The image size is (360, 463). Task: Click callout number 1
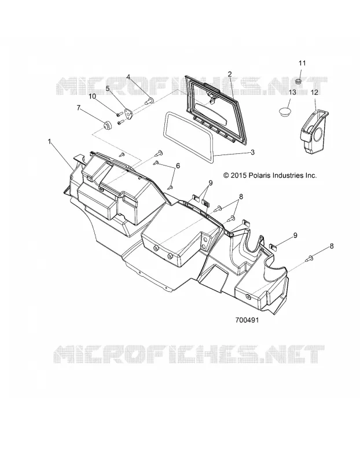tap(50, 142)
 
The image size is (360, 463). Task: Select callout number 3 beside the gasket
tap(252, 152)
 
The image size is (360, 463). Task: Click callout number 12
tap(315, 93)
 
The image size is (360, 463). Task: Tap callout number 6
tap(178, 166)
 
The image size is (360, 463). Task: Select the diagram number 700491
tap(247, 320)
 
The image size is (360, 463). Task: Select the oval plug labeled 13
tap(285, 112)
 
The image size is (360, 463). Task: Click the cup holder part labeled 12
tap(314, 131)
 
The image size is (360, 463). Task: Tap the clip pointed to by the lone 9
tap(273, 247)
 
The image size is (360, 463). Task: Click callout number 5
tap(108, 88)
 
